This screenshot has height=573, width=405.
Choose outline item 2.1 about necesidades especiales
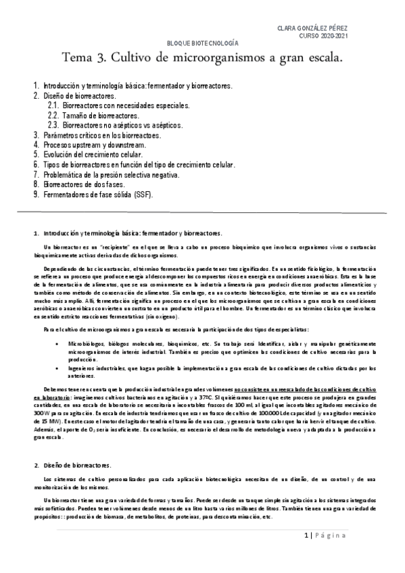(122, 106)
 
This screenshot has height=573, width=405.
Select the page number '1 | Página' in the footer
(324, 537)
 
